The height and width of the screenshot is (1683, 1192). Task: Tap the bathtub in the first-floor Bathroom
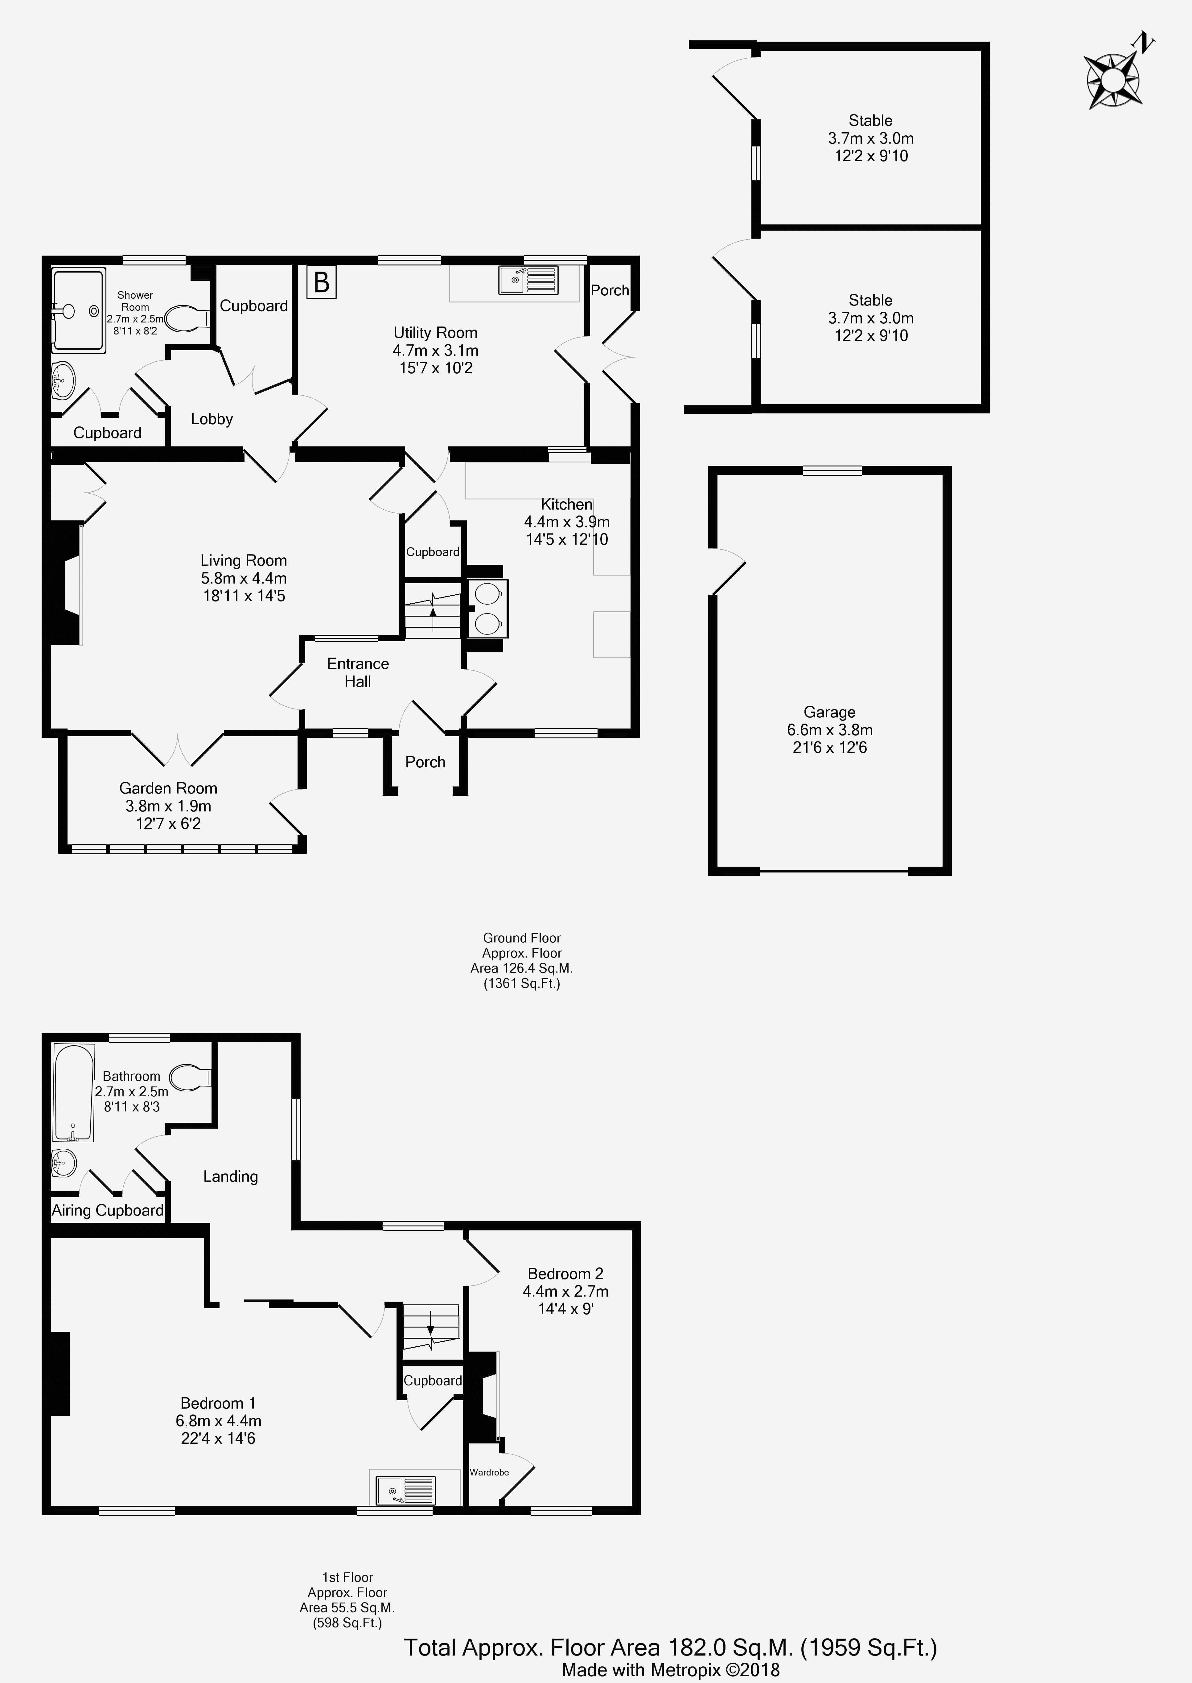(x=73, y=1093)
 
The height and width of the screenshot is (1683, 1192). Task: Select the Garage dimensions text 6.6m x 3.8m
(x=829, y=730)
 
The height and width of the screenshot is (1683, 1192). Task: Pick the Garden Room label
(x=168, y=788)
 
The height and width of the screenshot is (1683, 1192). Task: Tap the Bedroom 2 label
(x=565, y=1274)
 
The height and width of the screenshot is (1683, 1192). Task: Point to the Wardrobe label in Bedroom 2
(x=489, y=1472)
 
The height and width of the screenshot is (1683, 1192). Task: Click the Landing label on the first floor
(x=230, y=1176)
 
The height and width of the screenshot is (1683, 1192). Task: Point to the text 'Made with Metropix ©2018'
(x=670, y=1670)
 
